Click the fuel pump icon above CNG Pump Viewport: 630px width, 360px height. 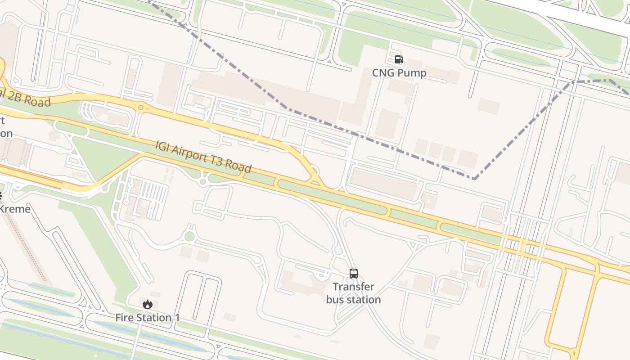tap(399, 59)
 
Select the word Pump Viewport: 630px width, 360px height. tap(412, 73)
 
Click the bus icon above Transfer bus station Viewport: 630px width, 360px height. tap(354, 273)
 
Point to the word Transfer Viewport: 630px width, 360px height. tap(354, 287)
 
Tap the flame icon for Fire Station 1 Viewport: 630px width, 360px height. tap(148, 304)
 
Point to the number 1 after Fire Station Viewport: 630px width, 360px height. tap(177, 318)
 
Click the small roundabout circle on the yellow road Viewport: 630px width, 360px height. tap(141, 108)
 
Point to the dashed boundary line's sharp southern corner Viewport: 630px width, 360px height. tap(474, 179)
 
